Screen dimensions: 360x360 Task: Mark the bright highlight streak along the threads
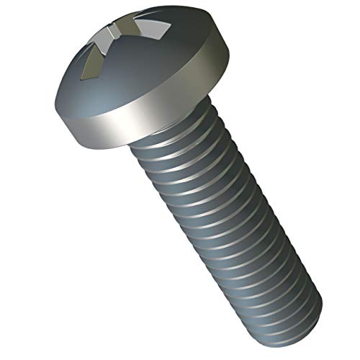coord(209,238)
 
